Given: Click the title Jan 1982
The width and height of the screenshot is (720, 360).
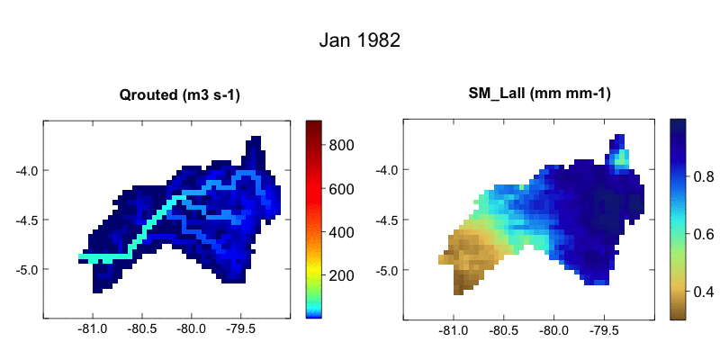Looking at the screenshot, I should pos(359,41).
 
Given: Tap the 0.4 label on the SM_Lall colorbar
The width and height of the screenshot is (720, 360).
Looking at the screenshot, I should pos(704,292).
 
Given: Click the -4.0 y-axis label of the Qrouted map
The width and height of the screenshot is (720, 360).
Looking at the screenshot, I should pos(23,170).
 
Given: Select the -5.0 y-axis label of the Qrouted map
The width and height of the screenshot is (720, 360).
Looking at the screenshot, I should pos(23,269).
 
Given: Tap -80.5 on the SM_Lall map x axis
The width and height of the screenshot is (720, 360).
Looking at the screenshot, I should pos(503,330).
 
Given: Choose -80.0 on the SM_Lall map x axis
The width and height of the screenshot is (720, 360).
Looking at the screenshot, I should pos(553,330).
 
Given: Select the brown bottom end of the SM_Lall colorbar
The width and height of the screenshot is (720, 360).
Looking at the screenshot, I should pos(678,313).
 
